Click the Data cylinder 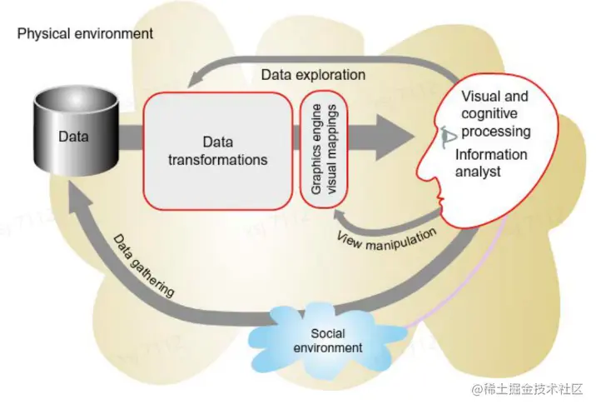pyautogui.click(x=72, y=133)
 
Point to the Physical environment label pyautogui.click(x=85, y=34)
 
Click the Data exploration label pyautogui.click(x=313, y=74)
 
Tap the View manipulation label pyautogui.click(x=386, y=239)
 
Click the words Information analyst pyautogui.click(x=491, y=162)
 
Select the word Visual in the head pyautogui.click(x=482, y=97)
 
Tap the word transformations pyautogui.click(x=217, y=158)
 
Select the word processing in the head pyautogui.click(x=498, y=132)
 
